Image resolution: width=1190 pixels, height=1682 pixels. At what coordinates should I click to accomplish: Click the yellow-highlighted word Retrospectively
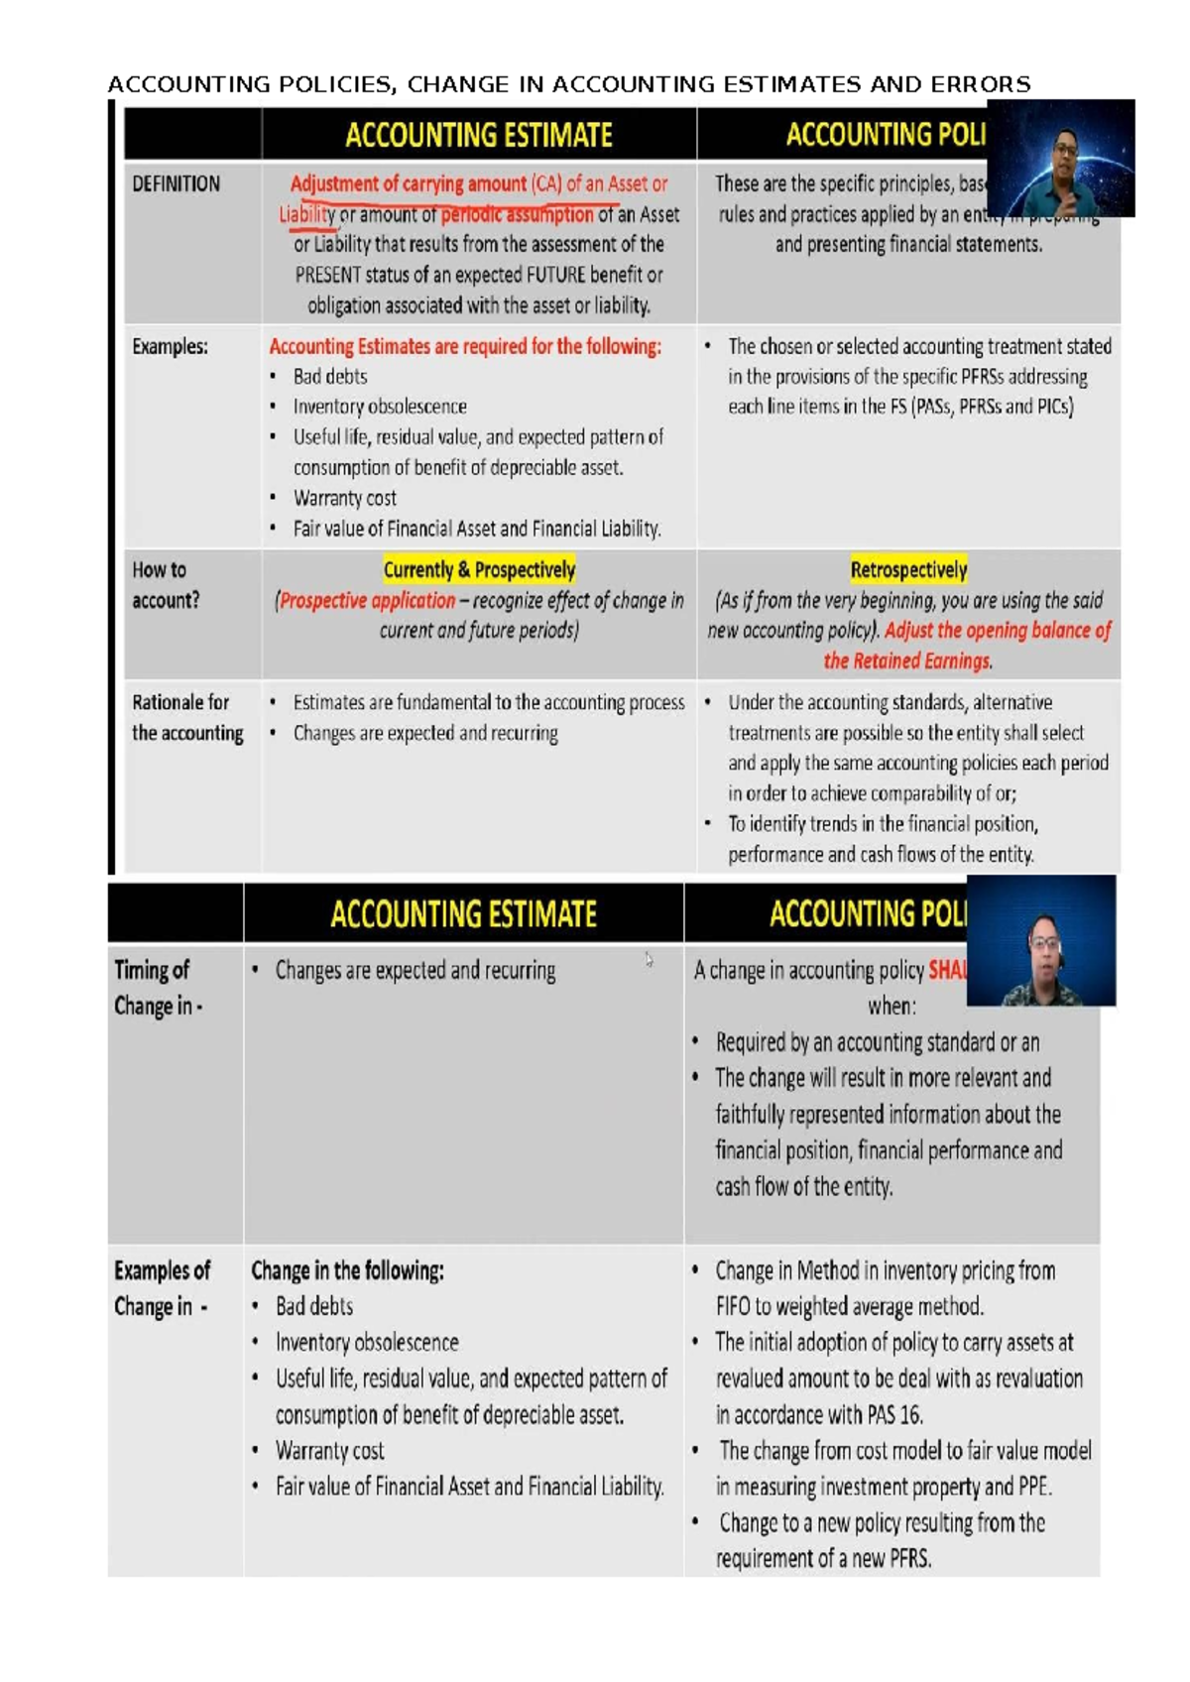[908, 570]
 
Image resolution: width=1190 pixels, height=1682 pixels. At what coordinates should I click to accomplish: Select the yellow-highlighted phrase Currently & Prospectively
[479, 570]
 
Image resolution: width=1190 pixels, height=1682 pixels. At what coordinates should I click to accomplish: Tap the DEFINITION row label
[177, 184]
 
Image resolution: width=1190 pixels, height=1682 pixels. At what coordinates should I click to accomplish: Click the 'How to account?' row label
[166, 585]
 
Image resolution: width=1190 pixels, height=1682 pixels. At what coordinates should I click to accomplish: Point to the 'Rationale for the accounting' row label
[187, 717]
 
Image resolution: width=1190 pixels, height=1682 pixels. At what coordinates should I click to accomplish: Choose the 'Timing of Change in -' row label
[158, 988]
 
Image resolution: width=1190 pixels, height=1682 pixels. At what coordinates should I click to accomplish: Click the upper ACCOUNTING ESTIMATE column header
[479, 135]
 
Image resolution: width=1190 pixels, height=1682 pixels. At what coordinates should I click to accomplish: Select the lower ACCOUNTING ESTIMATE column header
[463, 913]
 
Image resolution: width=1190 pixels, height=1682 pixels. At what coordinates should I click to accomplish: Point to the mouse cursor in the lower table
[649, 959]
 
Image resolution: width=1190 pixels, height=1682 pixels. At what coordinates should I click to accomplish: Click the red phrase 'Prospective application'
[367, 601]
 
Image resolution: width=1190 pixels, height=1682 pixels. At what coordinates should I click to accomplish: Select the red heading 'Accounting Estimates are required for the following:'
[465, 347]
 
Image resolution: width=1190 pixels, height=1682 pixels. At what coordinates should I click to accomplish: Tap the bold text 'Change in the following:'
[347, 1270]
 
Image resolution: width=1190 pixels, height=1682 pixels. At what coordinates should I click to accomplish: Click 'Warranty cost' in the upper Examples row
[344, 498]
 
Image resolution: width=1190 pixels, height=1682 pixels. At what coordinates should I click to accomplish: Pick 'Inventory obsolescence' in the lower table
[367, 1343]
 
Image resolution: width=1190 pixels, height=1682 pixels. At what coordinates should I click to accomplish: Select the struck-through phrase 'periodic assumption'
[517, 215]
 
